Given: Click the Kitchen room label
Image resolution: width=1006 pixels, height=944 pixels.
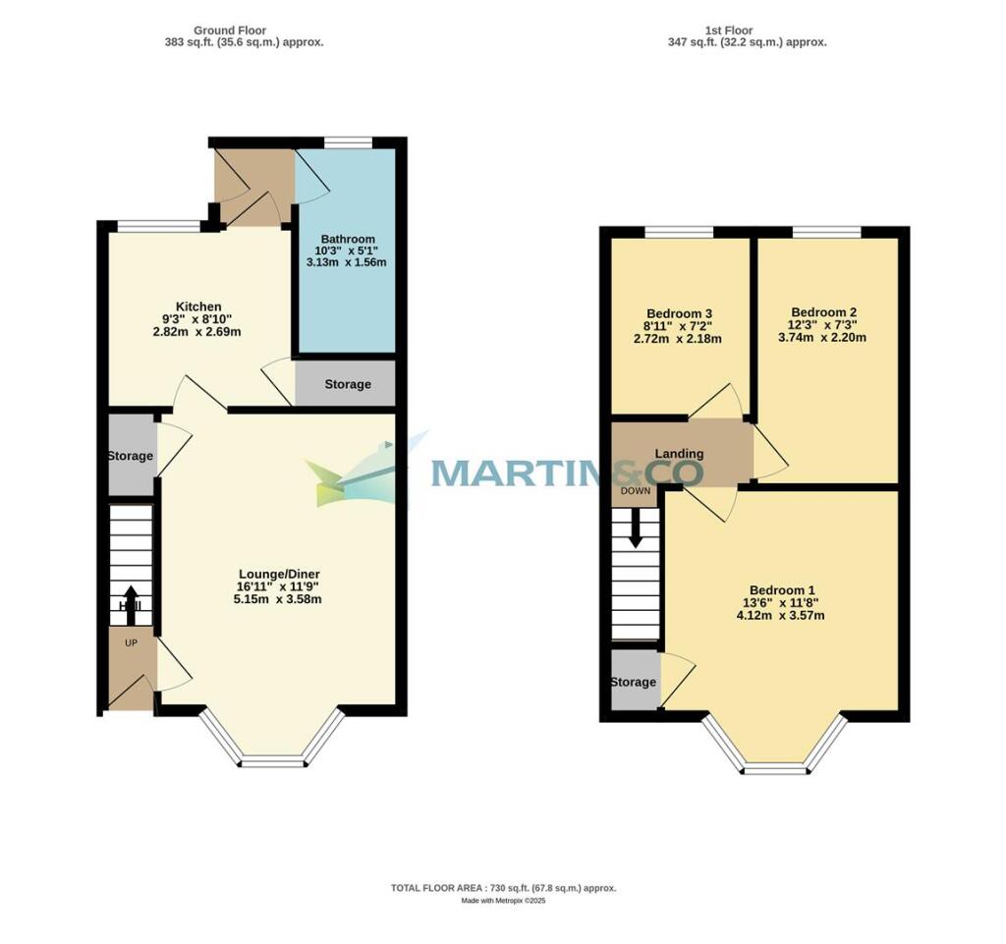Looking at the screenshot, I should pyautogui.click(x=198, y=306).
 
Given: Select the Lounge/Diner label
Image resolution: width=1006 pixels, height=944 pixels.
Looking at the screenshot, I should pyautogui.click(x=279, y=574).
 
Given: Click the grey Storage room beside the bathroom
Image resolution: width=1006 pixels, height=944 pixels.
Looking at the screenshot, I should pyautogui.click(x=347, y=384).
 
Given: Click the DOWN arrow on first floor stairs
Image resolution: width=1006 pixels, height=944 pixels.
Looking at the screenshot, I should pyautogui.click(x=636, y=529).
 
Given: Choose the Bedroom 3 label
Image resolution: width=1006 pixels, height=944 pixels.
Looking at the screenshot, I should pyautogui.click(x=680, y=313).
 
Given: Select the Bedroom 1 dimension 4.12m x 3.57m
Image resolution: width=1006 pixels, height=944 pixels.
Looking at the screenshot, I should pyautogui.click(x=781, y=616).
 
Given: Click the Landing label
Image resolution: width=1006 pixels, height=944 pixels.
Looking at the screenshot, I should pyautogui.click(x=680, y=454).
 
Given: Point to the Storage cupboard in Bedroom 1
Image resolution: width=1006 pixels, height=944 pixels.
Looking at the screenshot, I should pyautogui.click(x=634, y=682).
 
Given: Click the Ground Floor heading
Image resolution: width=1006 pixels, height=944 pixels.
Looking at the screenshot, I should pyautogui.click(x=231, y=30).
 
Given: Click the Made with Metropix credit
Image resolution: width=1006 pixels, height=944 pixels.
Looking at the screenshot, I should pyautogui.click(x=503, y=901).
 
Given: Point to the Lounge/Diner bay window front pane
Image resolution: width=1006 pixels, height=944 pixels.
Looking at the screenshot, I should pyautogui.click(x=272, y=760).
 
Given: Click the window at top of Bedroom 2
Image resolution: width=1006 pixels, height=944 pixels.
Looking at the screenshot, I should pyautogui.click(x=826, y=232).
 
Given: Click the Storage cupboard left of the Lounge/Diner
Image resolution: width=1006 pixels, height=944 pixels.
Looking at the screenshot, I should pyautogui.click(x=131, y=456).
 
